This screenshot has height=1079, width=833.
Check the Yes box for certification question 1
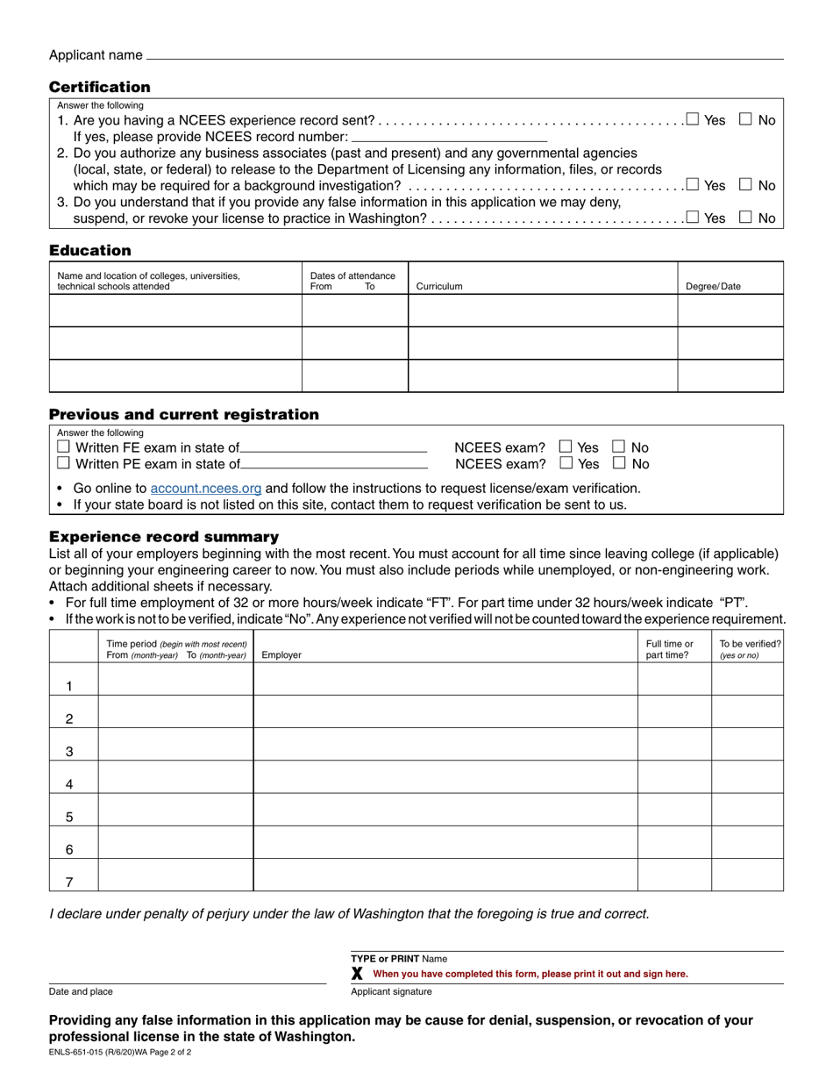coord(693,119)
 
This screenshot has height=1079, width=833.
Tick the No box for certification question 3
coord(745,218)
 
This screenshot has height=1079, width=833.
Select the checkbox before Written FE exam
coord(63,447)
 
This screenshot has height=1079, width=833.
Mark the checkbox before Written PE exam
coord(63,463)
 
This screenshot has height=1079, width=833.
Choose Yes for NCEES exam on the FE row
coord(566,447)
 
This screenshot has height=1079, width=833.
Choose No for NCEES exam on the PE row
coord(620,462)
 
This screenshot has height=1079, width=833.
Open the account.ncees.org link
coord(206,488)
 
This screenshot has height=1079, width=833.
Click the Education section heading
coord(89,250)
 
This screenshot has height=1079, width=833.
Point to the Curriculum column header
coord(439,286)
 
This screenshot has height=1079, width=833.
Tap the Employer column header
coord(281,654)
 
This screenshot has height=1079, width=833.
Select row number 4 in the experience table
coord(69,784)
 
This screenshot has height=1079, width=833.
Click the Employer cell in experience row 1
coord(445,680)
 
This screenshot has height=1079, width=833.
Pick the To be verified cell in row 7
coord(747,875)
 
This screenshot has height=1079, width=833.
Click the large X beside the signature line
coord(357,974)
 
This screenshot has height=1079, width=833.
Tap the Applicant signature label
coord(391,991)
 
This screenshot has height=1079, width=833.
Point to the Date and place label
coord(81,991)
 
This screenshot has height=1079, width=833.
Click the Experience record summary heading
coord(164,536)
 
